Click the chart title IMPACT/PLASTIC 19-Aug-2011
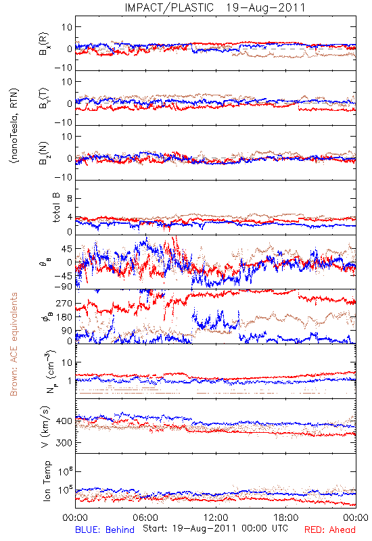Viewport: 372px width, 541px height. [x=215, y=7]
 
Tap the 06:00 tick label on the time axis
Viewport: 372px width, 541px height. [x=145, y=517]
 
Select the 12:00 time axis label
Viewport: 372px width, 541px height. [x=216, y=517]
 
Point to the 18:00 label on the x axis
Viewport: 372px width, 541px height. [x=286, y=517]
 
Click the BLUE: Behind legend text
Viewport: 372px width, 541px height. [x=105, y=530]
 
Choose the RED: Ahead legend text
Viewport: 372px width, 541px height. [x=329, y=530]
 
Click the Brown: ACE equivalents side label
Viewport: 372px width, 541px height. [x=14, y=344]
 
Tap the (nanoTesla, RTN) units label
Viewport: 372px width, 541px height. [x=14, y=125]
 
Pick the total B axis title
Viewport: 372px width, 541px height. [x=56, y=208]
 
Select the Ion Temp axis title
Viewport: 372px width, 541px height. [x=47, y=481]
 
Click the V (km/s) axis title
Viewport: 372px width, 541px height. [x=45, y=427]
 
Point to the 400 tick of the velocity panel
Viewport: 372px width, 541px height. [x=64, y=421]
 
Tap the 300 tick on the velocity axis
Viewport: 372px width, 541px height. [x=64, y=443]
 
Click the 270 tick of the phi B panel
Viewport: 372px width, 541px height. [x=64, y=303]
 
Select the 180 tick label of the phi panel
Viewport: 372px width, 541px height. [x=64, y=317]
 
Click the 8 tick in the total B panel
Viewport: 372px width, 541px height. [x=70, y=199]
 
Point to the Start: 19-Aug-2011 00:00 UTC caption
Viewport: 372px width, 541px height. [x=215, y=528]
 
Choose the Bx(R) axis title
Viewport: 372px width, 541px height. [x=44, y=43]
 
